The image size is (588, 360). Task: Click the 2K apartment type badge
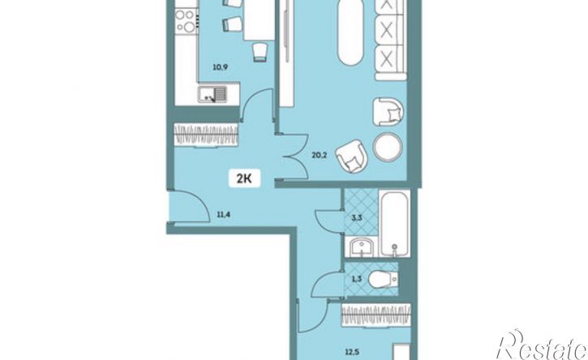click(245, 178)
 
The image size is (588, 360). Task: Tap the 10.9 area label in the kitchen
click(220, 68)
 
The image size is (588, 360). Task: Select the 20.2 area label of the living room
click(320, 155)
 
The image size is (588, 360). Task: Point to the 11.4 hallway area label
click(223, 215)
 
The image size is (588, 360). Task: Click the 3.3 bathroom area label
click(358, 217)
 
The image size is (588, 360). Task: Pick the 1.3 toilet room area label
click(358, 279)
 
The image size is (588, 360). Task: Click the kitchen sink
click(212, 94)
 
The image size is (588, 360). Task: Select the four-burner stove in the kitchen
click(186, 21)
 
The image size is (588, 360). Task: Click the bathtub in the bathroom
click(394, 224)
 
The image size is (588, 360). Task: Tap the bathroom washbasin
click(362, 247)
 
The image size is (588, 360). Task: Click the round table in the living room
click(388, 147)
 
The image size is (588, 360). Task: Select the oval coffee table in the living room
click(350, 33)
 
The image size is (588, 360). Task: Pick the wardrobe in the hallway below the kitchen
click(206, 135)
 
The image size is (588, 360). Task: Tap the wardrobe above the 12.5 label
click(376, 315)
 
